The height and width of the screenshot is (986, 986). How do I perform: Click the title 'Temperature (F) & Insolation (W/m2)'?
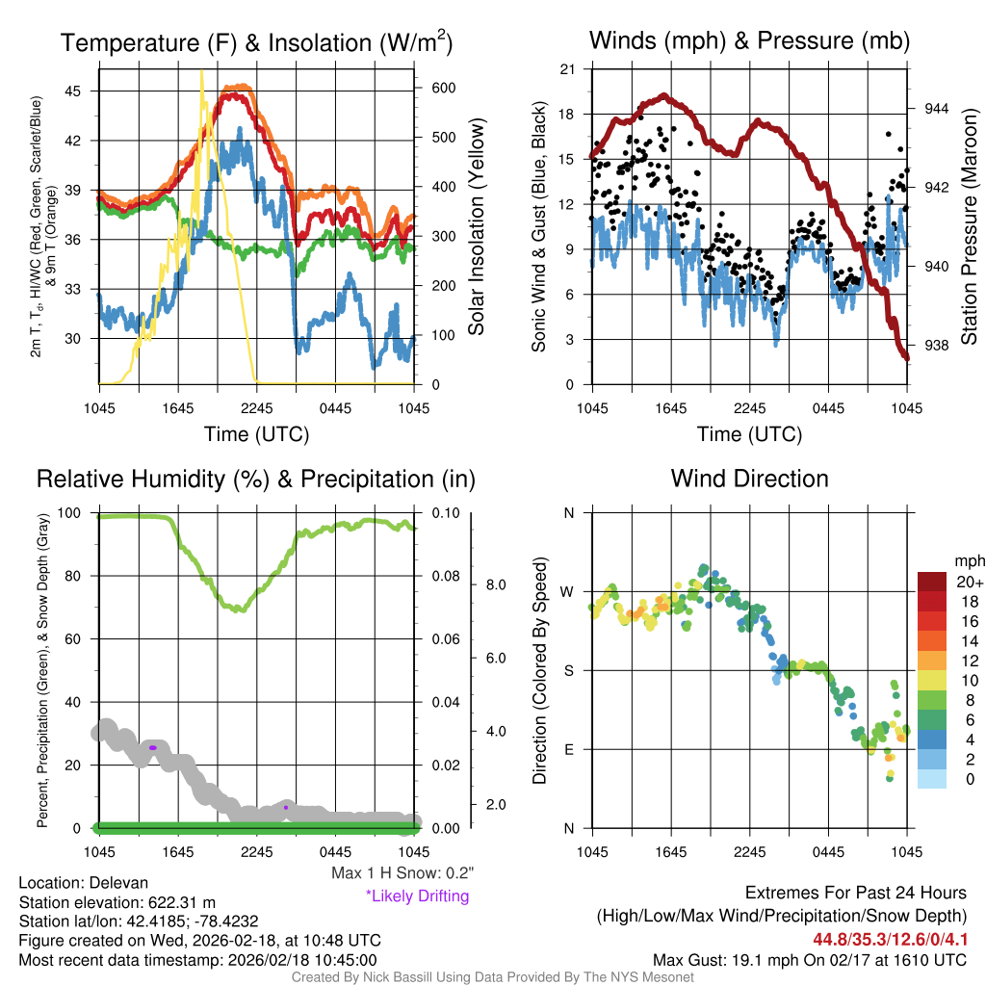256,42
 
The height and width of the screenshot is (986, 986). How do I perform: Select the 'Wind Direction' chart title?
749,479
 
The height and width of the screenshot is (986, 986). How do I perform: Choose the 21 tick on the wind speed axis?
567,69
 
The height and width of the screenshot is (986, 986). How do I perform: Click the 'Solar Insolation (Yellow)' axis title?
477,227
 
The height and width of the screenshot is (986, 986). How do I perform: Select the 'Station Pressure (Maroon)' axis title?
970,227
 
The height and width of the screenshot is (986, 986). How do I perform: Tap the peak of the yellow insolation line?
201,72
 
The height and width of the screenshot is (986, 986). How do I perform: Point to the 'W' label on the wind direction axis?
568,591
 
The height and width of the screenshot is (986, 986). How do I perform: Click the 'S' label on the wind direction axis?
569,670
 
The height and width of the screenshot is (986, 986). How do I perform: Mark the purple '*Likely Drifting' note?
417,895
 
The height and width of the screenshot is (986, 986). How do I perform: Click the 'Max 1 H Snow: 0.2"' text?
402,873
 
